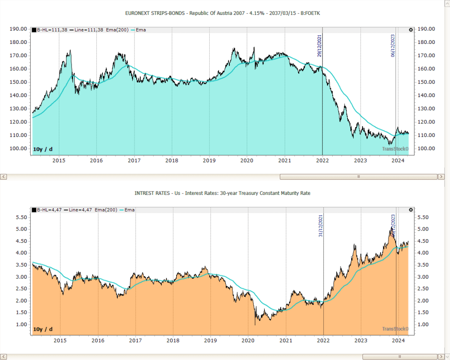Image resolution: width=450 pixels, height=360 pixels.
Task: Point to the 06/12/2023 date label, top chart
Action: [x=393, y=46]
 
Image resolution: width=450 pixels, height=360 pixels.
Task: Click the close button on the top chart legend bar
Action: [x=410, y=30]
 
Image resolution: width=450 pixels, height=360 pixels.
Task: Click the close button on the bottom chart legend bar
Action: [x=410, y=210]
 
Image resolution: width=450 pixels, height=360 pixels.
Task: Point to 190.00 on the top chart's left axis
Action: [x=18, y=29]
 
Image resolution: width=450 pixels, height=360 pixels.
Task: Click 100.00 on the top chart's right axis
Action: [x=426, y=148]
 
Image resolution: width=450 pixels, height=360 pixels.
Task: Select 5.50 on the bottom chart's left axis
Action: [x=21, y=217]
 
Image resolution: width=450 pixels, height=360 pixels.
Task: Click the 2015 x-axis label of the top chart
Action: [x=59, y=161]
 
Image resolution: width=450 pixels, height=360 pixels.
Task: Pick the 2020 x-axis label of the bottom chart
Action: [x=248, y=341]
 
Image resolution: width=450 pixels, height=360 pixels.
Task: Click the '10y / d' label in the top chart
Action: [x=43, y=149]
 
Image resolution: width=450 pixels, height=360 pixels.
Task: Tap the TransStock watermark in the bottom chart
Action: [x=395, y=329]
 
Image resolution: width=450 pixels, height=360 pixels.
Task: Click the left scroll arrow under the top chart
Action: [x=4, y=176]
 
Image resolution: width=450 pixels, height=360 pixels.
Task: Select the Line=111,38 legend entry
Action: [x=86, y=30]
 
